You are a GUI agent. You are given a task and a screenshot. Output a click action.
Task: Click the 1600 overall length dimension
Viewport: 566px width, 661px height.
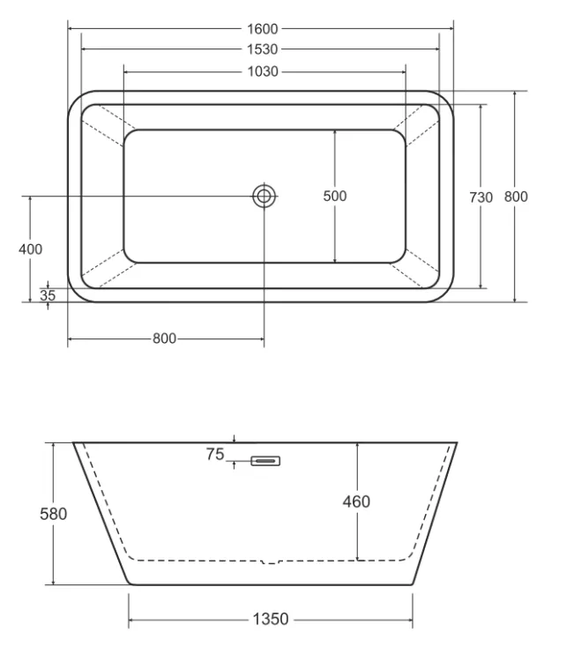coord(263,29)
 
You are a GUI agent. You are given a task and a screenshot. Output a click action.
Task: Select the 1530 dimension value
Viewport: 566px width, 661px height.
coord(263,49)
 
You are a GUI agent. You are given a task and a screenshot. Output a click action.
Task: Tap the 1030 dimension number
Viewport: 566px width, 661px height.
coord(263,71)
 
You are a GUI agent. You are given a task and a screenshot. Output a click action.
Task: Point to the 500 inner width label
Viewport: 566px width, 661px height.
coord(335,196)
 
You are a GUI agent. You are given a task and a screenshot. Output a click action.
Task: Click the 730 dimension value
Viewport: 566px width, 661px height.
coord(480,197)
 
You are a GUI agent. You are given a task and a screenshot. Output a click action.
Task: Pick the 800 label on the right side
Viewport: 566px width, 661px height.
coord(516,197)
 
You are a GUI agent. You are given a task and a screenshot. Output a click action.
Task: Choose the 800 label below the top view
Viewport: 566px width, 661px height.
coord(164,338)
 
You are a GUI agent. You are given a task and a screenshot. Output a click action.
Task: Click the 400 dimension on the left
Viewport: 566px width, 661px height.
coord(30,249)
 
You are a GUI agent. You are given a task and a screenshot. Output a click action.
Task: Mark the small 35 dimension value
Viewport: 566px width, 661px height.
coord(48,295)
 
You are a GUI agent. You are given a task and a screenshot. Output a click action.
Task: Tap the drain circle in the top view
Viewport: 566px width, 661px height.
coord(264,196)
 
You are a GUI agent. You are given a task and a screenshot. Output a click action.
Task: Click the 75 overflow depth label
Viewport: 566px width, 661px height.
coord(215,455)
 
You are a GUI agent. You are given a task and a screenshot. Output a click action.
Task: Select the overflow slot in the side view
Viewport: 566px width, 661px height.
coord(265,461)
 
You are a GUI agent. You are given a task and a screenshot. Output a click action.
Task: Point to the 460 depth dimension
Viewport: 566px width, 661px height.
coord(356,501)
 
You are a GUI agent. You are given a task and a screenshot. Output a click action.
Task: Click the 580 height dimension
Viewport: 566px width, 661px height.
coord(54,514)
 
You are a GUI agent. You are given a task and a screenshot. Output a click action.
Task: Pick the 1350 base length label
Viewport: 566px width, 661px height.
coord(271,620)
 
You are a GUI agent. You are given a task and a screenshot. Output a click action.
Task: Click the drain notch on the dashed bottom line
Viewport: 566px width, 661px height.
coord(271,562)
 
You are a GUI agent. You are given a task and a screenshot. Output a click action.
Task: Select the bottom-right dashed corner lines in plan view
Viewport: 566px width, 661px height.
coord(415,269)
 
